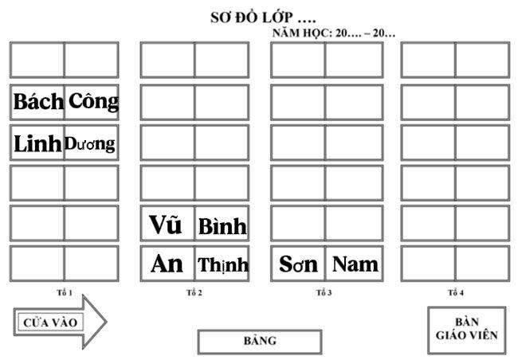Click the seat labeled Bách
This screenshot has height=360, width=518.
point(37,103)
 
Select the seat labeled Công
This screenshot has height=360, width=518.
point(92,103)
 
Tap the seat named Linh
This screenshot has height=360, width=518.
point(37,143)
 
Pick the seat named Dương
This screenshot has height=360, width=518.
point(92,143)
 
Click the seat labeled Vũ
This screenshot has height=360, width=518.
point(167,223)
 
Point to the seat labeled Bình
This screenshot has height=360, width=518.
point(222,223)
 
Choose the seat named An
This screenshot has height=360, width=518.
point(167,264)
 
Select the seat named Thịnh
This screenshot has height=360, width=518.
point(222,264)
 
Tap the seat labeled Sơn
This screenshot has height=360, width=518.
point(298,264)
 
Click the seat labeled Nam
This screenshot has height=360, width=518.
point(354,264)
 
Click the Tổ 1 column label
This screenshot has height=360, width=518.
point(65,292)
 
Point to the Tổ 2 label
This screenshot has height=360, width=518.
point(194,292)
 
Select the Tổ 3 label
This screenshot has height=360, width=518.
point(324,292)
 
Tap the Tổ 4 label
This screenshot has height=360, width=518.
point(456,292)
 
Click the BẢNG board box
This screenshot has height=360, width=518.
point(260,342)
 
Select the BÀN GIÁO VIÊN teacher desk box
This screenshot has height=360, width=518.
point(467,330)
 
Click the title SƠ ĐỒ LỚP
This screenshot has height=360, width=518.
point(263,18)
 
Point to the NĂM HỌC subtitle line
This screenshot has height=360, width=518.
point(334,33)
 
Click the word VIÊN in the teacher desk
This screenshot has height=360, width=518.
point(482,335)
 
